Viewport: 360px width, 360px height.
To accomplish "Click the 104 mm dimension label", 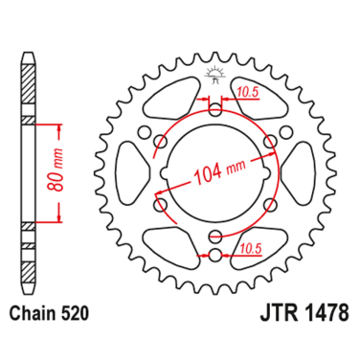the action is click(x=220, y=171).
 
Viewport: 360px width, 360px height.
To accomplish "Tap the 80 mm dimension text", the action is click(x=55, y=169).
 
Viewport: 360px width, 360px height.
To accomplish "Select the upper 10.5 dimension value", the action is click(x=247, y=92).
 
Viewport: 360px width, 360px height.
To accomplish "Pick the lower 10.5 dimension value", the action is click(x=251, y=248).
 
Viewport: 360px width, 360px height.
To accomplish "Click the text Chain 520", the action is click(x=49, y=314).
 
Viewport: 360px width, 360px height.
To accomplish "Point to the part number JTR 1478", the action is click(x=304, y=313).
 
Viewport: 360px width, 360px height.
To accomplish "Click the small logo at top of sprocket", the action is click(x=214, y=75).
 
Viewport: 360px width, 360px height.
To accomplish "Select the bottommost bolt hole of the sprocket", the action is click(x=215, y=255).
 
